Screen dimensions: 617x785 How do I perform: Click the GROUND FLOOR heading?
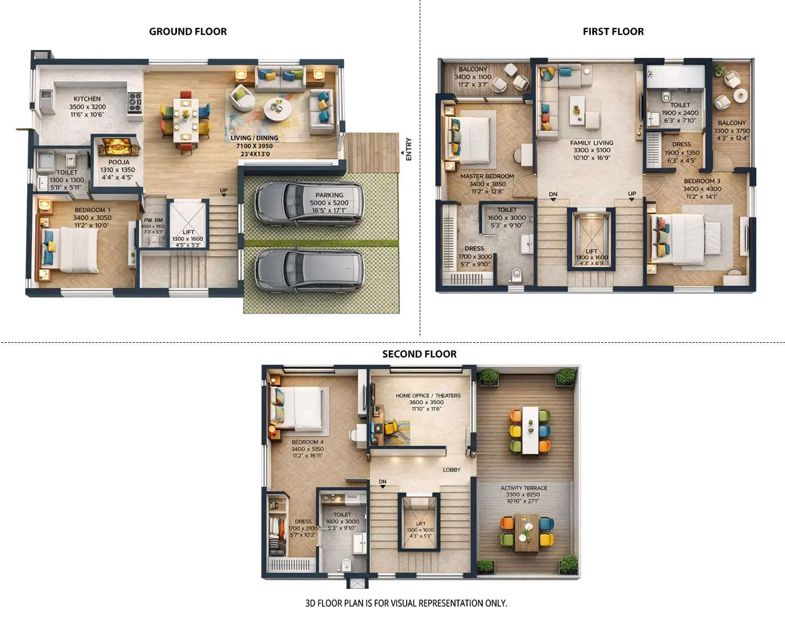[188, 31]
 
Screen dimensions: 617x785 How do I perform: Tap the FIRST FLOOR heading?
[613, 31]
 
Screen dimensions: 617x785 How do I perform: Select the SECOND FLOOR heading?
[419, 354]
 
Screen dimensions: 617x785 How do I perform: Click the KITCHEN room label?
[87, 99]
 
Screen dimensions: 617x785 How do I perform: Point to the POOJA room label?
[119, 162]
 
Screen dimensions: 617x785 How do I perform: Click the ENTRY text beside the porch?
[409, 149]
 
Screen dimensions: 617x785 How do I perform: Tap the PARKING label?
[329, 195]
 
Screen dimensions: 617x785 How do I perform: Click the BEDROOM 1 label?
[92, 210]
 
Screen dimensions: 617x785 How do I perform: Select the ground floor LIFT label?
[188, 232]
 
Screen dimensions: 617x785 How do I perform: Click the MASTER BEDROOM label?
[487, 176]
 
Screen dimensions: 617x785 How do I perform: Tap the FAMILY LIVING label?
[592, 143]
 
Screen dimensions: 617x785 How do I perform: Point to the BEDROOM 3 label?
[702, 182]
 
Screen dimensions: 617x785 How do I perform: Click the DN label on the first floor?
[553, 194]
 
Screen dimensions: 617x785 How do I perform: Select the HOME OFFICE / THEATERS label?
[428, 396]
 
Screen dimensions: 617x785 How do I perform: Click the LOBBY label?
[451, 470]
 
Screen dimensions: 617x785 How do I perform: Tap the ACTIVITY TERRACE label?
[524, 488]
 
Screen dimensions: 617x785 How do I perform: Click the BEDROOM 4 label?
[307, 442]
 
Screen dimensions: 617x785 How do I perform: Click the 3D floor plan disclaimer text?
[406, 603]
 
